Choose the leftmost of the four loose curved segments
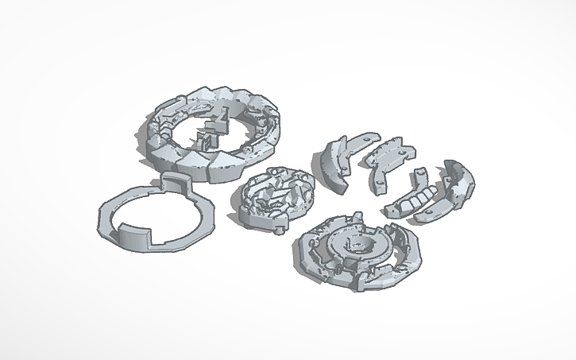[x=337, y=163]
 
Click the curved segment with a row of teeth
[x=411, y=199]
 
